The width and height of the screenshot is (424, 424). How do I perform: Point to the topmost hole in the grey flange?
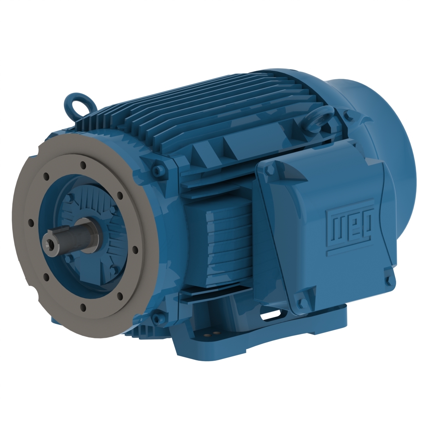83,164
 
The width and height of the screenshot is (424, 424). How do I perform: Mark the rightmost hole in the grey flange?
135,250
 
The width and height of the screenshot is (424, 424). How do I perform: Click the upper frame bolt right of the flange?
158,169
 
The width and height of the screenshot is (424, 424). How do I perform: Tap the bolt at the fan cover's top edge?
348,115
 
